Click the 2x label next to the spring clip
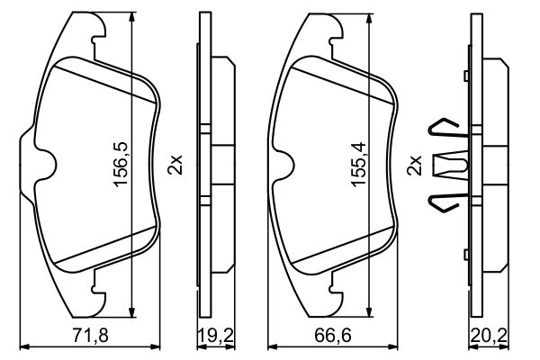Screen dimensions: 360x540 (415, 166)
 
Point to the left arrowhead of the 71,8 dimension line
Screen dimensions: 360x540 (23, 346)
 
